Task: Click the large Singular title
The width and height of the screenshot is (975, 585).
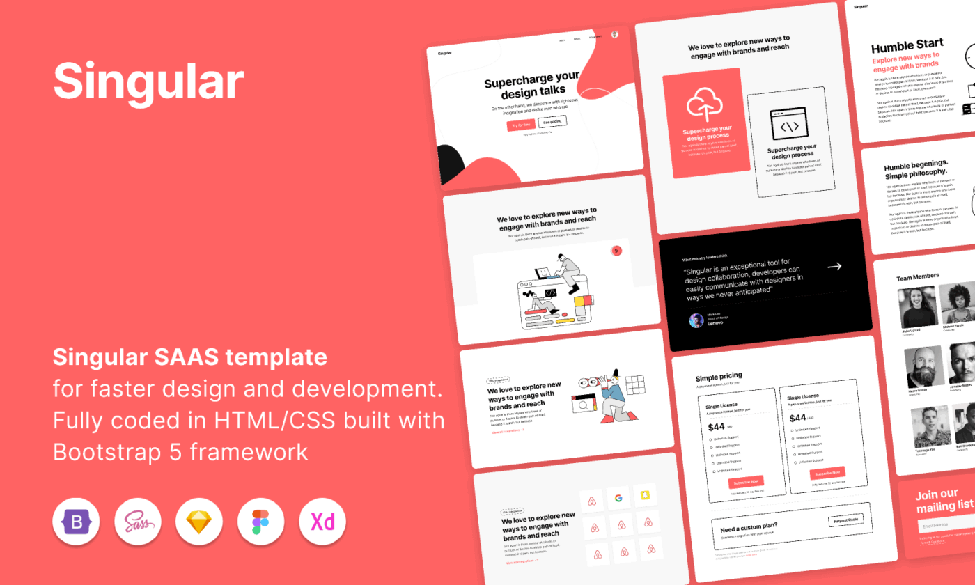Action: click(x=148, y=81)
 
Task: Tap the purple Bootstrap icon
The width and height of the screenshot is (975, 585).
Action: click(x=76, y=521)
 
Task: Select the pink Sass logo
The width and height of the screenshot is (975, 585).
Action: click(x=138, y=521)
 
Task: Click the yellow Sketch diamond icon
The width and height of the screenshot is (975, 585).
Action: click(x=199, y=521)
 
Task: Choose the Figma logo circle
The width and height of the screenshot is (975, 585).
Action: click(x=260, y=521)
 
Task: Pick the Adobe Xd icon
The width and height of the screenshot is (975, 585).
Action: click(x=322, y=521)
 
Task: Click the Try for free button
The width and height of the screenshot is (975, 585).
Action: click(x=521, y=125)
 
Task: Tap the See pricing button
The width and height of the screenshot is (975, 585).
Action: click(x=552, y=122)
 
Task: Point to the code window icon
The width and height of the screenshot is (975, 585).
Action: click(x=788, y=125)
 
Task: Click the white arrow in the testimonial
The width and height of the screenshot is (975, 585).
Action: click(x=834, y=266)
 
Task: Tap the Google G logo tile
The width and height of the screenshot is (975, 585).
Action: click(x=617, y=498)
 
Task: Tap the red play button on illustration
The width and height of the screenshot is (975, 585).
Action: click(x=616, y=251)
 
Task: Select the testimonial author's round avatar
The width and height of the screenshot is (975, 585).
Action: click(x=696, y=320)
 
